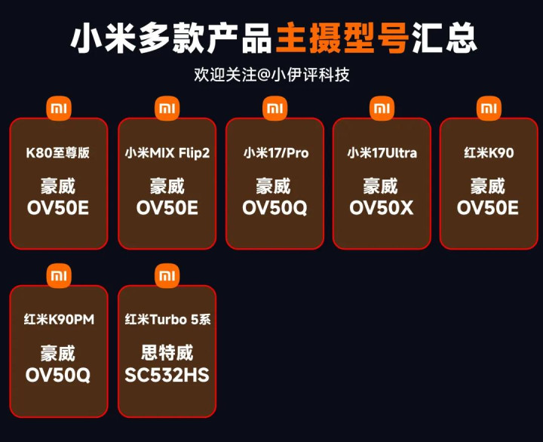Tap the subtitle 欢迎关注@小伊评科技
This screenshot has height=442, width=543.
pos(271,75)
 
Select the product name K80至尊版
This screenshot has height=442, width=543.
pos(58,153)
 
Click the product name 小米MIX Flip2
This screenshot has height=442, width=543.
pos(167,153)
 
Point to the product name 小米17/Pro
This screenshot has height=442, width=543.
pos(275,153)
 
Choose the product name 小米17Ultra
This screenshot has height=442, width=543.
pos(382,153)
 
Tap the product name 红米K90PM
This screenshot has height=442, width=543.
pos(58,320)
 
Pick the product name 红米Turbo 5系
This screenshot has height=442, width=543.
pos(167,320)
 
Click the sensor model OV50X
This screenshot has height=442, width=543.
pos(382,207)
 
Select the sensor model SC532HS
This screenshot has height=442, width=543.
pos(167,374)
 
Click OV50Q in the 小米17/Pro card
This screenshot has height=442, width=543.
pos(275,207)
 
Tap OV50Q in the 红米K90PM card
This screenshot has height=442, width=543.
pos(58,374)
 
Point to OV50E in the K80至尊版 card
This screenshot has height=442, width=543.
pos(58,207)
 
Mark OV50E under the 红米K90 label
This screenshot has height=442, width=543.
pos(488,207)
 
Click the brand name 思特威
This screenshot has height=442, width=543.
pos(167,352)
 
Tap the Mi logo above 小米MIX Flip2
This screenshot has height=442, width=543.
pos(167,109)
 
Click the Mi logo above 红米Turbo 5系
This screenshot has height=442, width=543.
pos(167,275)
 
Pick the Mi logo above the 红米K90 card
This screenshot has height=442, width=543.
pos(489,109)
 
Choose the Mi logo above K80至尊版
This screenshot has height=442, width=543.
pos(59,109)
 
